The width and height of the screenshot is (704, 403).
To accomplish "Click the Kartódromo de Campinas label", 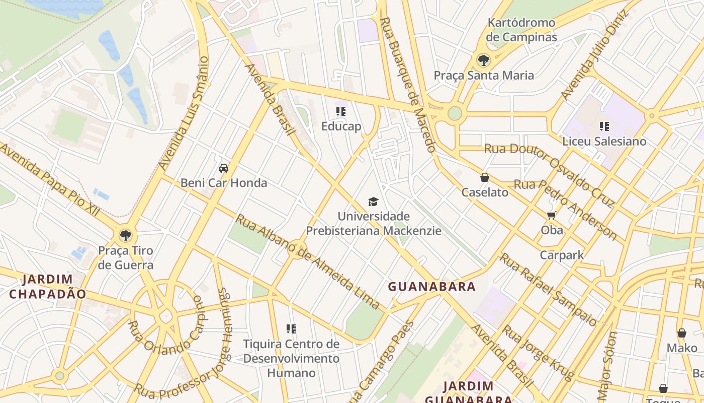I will (521, 30).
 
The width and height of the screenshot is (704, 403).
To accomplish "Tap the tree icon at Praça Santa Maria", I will (483, 60).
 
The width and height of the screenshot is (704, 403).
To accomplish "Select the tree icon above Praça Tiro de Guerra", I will (125, 235).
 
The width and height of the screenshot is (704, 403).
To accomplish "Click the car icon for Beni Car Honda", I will (224, 168).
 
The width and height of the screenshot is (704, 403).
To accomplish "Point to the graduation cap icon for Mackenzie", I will (373, 202).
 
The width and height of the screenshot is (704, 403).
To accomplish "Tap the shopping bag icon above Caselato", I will (485, 177).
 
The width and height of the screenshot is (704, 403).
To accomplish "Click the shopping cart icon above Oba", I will (551, 216).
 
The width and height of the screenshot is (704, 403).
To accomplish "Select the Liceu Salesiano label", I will (604, 141).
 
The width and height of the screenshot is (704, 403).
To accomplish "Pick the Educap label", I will (341, 126).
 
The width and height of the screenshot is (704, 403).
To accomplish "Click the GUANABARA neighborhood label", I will (431, 287).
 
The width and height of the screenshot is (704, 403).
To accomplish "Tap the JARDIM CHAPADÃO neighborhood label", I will (48, 286).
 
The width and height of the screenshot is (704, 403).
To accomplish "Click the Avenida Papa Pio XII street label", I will (50, 180).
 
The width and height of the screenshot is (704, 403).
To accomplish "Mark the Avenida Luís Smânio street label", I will (183, 113).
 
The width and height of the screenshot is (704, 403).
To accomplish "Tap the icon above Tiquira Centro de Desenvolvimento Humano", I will (291, 329).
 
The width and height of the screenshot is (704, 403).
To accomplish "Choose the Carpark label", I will (562, 255).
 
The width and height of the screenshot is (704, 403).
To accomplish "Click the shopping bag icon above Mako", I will (682, 333).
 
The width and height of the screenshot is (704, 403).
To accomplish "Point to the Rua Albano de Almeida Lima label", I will (307, 261).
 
